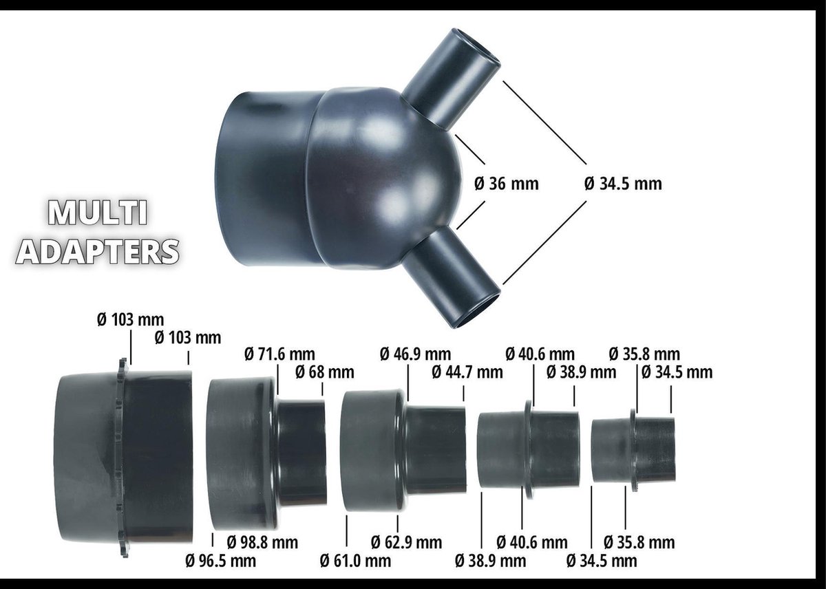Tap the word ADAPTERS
(x=97, y=251)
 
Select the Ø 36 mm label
(x=507, y=184)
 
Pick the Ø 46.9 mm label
(x=415, y=355)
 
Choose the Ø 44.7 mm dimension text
(x=467, y=372)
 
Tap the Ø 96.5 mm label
(x=220, y=561)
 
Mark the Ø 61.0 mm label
(x=355, y=561)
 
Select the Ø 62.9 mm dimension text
(x=406, y=542)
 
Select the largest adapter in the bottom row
(x=124, y=458)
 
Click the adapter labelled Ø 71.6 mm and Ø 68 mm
(x=265, y=451)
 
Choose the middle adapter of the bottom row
(x=403, y=451)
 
